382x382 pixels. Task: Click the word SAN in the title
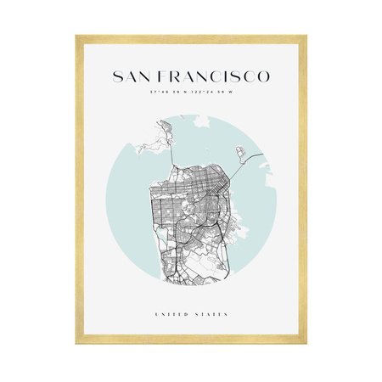(130, 77)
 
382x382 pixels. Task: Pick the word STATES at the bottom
(212, 315)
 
